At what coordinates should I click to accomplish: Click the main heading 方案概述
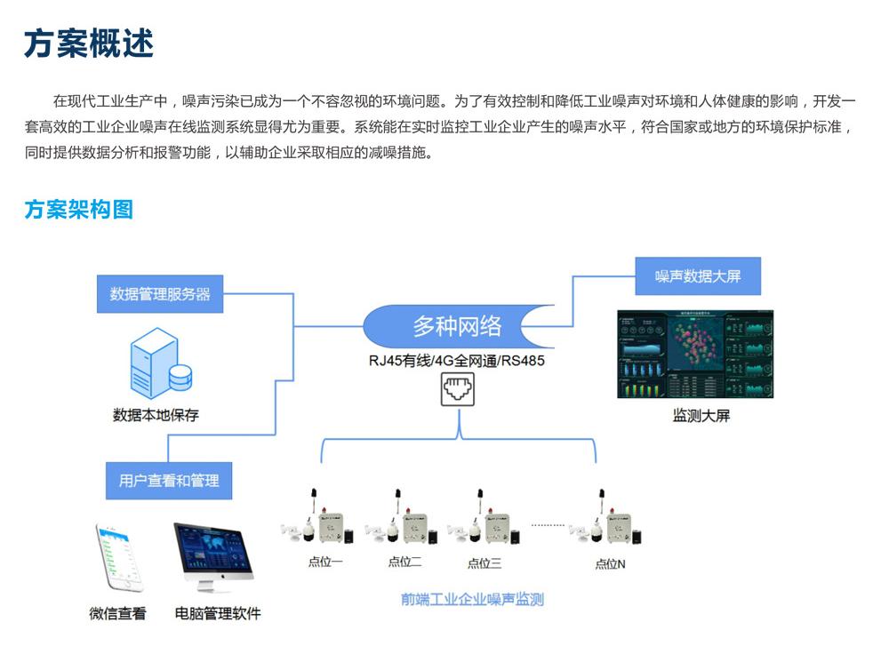89,43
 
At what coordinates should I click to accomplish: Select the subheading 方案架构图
78,210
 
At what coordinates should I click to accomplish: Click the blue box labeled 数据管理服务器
160,294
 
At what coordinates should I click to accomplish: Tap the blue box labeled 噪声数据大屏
698,276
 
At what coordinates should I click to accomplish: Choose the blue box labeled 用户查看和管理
169,481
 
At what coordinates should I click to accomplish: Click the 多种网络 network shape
457,326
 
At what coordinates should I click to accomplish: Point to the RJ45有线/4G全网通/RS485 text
457,360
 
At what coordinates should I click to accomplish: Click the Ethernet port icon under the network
458,389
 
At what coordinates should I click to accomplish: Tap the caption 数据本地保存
156,415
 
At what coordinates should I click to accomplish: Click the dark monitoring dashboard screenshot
695,354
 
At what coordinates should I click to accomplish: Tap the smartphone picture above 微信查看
118,557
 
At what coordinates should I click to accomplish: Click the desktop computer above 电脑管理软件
212,557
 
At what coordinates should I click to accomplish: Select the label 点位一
325,562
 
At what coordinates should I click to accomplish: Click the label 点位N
610,563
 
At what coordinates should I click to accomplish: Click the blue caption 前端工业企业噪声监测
472,599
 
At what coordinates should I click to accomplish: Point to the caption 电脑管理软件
218,613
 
